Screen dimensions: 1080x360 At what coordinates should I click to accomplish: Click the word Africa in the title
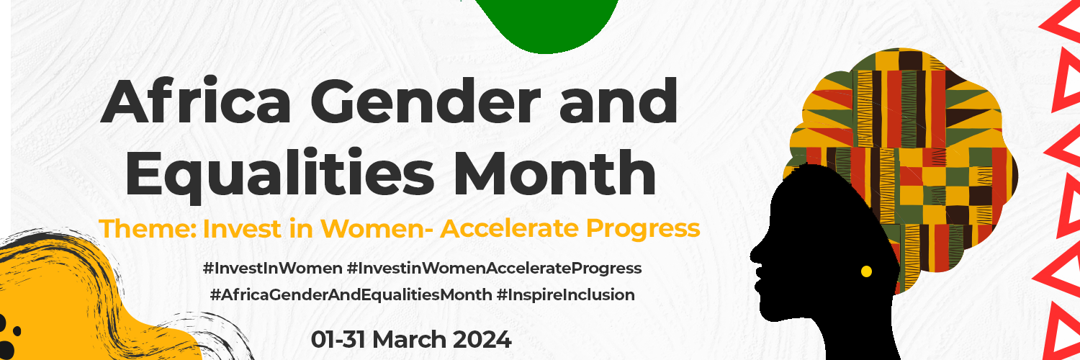(x=196, y=101)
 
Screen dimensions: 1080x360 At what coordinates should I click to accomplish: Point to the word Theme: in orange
(x=148, y=228)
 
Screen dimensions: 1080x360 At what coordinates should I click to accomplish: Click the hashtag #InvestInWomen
(x=273, y=268)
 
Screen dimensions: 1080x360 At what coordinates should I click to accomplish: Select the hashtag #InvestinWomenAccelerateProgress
(x=494, y=269)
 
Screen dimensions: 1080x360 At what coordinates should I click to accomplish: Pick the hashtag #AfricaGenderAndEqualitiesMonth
(x=351, y=294)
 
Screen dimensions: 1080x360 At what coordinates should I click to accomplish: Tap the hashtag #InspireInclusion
(x=565, y=294)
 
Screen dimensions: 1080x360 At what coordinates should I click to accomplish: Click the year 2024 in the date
(x=482, y=340)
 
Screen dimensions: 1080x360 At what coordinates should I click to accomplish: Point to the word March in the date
(x=410, y=340)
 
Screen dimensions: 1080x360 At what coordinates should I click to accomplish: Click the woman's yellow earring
(x=866, y=271)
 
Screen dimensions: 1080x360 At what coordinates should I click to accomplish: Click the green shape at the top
(x=547, y=22)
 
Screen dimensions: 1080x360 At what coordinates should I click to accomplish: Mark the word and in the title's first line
(x=618, y=101)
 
